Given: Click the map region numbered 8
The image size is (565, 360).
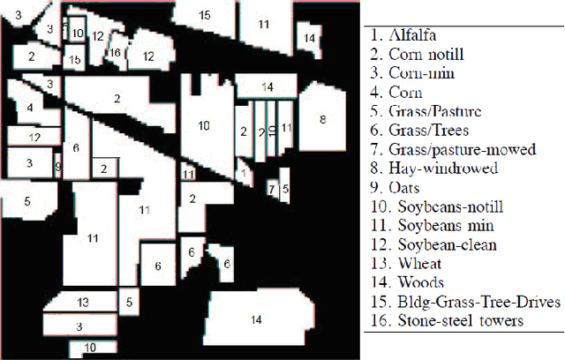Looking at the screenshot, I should pos(322,119).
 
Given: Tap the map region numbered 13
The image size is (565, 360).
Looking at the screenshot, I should pos(82,303).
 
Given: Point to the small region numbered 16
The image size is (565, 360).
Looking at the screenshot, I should pos(115,52).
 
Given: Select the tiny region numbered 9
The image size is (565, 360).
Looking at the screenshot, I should pos(58,165).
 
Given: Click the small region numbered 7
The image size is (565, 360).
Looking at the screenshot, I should pos(272,189).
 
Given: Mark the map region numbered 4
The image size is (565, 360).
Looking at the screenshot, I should pos(29,109).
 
